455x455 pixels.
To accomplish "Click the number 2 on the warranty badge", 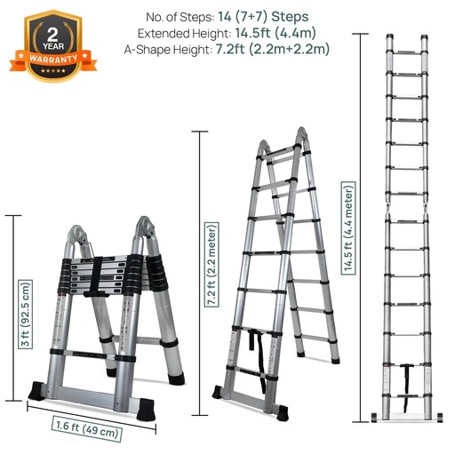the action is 52,35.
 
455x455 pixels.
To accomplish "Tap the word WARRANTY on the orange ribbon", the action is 53,59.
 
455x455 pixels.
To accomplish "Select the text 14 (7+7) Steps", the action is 263,17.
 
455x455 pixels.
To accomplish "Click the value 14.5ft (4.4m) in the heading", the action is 275,33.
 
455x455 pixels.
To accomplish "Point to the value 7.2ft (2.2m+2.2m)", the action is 272,49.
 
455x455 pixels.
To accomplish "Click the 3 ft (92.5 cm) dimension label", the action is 26,314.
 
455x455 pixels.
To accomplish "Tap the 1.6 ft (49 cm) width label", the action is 87,428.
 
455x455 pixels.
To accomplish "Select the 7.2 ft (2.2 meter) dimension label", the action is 212,264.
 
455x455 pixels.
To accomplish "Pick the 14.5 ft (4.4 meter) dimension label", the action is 348,228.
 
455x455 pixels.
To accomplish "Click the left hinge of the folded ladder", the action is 76,235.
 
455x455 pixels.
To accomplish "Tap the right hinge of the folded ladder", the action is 145,227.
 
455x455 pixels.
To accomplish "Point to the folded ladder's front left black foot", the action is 37,391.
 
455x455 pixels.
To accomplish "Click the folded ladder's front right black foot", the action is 146,409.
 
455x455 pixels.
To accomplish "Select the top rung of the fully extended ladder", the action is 407,52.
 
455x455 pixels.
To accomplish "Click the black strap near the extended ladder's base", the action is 406,387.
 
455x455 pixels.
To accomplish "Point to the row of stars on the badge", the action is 53,71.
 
